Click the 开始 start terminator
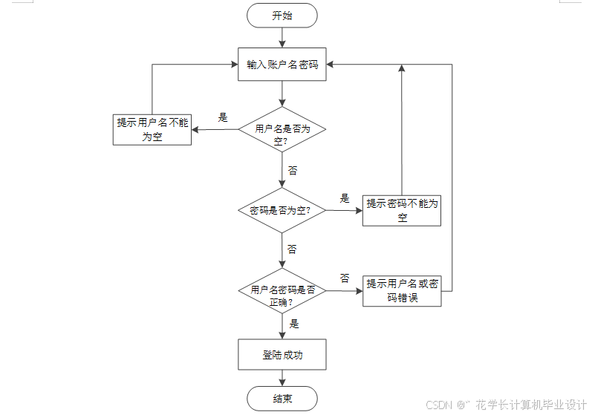tap(282, 16)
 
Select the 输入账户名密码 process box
tap(282, 65)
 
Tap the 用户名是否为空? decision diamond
tap(282, 129)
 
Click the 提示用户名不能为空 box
tap(152, 129)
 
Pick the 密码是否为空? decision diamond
tap(282, 210)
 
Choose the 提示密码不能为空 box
tap(402, 210)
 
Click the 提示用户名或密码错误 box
tap(402, 291)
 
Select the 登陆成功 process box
tap(282, 355)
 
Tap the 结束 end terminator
tap(282, 399)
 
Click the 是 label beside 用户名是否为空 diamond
tap(222, 117)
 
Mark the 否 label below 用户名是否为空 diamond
tap(293, 170)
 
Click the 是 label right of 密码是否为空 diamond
tap(345, 198)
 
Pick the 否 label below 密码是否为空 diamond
tap(293, 249)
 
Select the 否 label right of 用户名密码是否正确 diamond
tap(345, 278)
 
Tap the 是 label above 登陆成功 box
tap(294, 324)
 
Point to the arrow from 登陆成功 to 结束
tap(282, 378)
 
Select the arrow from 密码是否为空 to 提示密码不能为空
tap(344, 210)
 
